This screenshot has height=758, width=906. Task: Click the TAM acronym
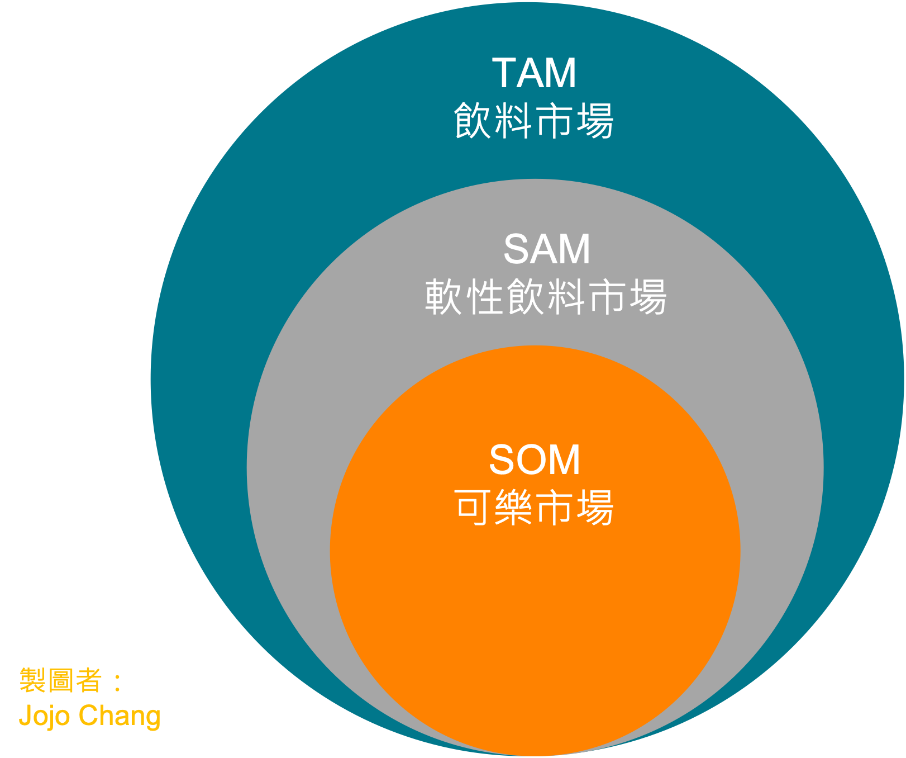point(534,73)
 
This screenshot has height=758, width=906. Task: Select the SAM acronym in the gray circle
point(547,249)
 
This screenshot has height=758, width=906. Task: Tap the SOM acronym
point(535,460)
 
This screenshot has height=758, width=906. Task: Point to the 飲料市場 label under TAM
point(534,120)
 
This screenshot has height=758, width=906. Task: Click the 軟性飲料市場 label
point(546,296)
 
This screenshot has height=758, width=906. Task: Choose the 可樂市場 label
point(535,508)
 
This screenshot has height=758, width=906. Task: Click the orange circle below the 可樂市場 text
point(535,626)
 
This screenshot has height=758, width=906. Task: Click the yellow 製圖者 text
point(61,680)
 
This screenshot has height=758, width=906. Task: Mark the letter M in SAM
point(575,249)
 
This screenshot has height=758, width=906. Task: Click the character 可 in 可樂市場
point(474,508)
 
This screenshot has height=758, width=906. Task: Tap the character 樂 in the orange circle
point(514,508)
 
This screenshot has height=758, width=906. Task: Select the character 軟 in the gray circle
point(444,296)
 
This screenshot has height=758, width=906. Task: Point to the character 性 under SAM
point(484,296)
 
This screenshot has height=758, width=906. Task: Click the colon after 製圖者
point(117,681)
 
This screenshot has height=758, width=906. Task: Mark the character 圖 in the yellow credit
point(61,680)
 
